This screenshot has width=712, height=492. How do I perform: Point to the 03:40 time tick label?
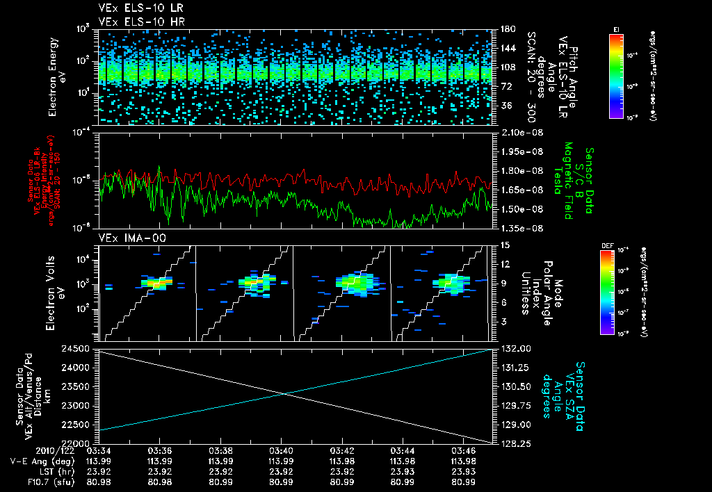click(280, 451)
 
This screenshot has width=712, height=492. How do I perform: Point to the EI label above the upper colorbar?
click(616, 28)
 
